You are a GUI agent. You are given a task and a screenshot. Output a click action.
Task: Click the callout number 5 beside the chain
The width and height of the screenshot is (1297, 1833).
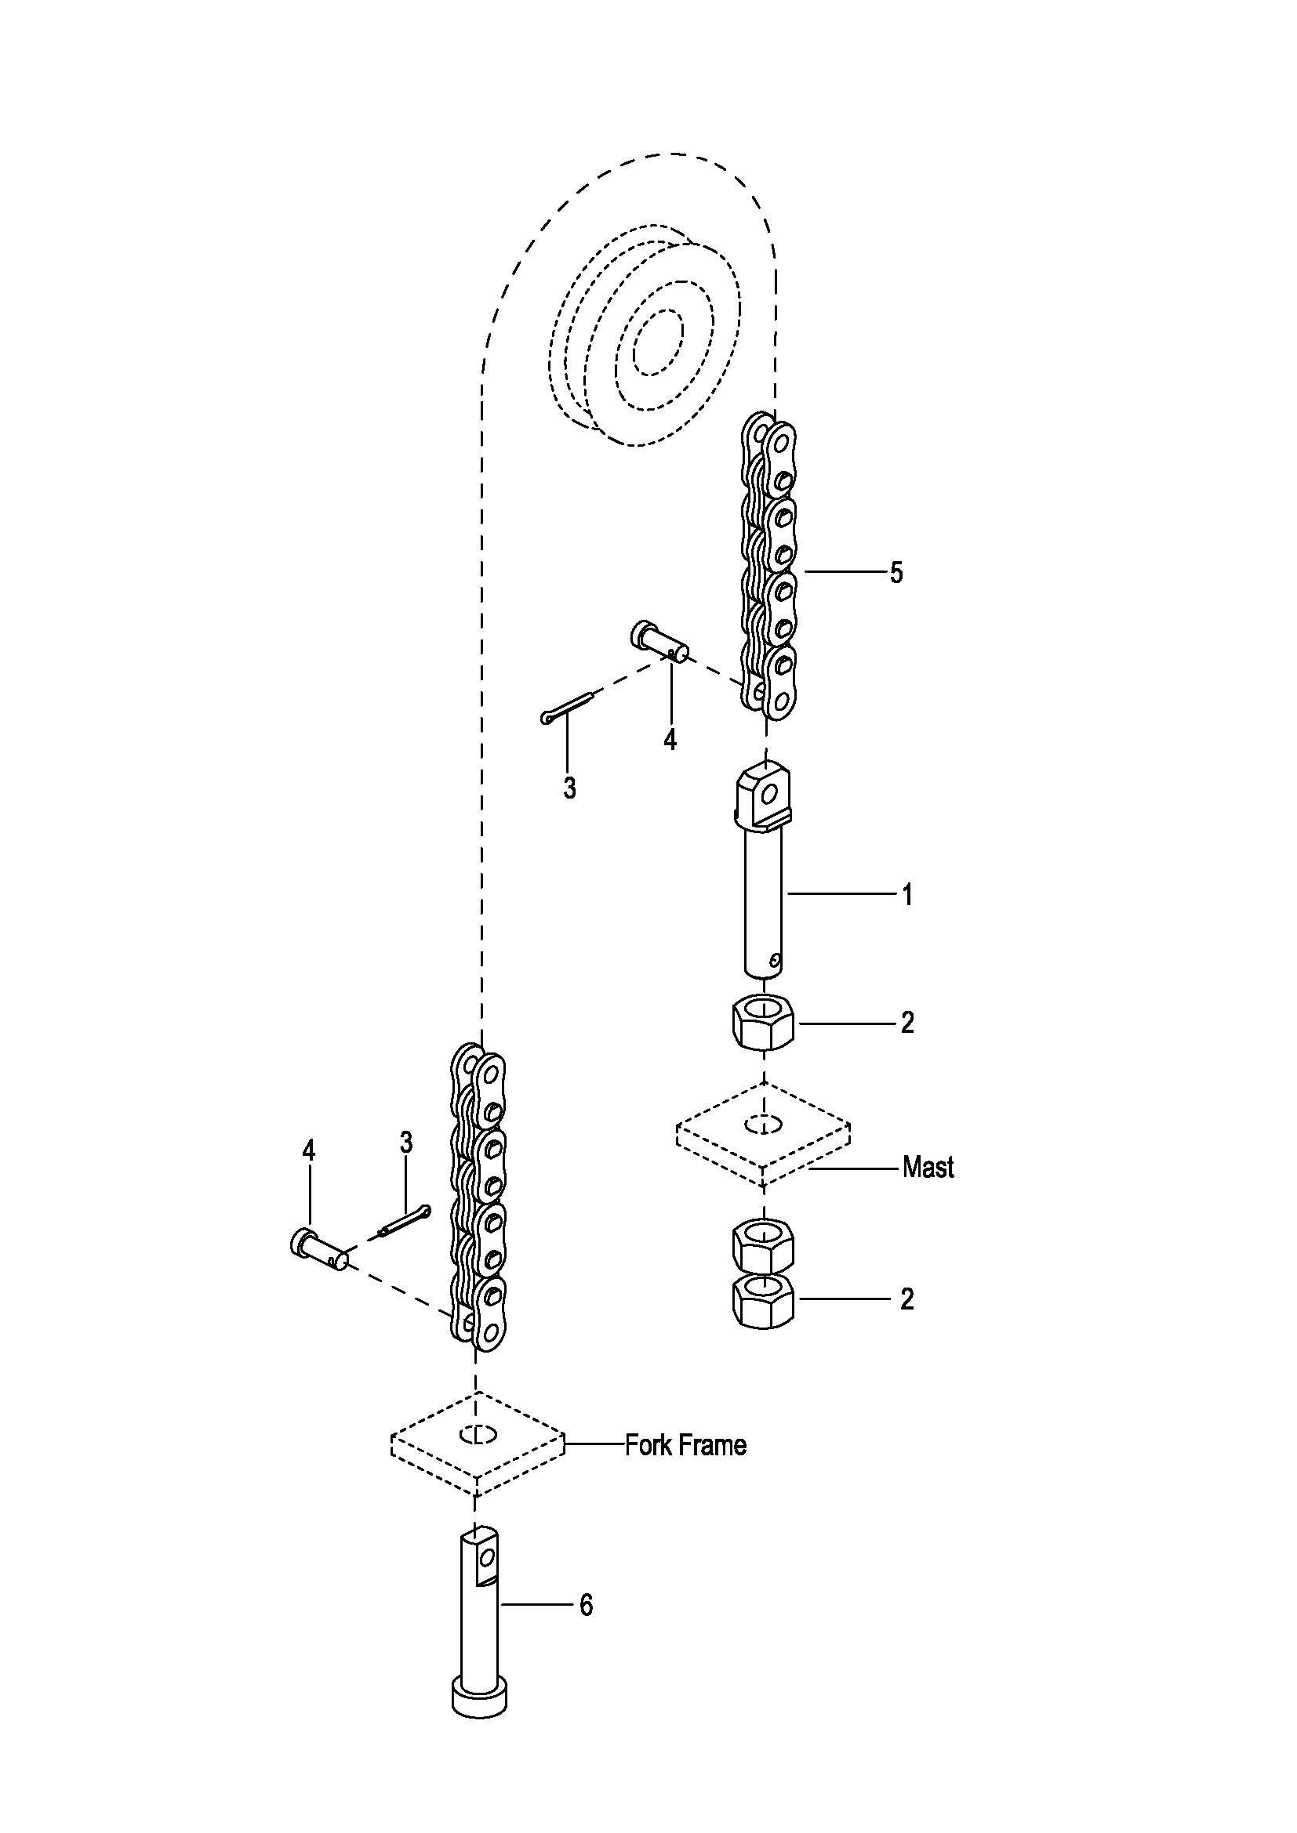896,573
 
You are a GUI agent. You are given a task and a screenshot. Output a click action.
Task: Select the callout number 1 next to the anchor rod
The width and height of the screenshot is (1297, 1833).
906,895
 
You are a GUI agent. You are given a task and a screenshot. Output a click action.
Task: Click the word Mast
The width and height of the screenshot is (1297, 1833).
928,1168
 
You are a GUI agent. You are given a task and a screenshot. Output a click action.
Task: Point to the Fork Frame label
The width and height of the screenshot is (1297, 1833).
686,1445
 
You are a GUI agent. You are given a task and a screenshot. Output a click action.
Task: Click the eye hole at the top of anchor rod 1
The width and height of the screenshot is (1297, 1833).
769,793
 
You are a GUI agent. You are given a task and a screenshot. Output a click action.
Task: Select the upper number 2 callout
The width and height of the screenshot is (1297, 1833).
906,1023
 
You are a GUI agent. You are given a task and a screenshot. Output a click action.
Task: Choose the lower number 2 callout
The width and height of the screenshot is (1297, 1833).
906,1299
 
